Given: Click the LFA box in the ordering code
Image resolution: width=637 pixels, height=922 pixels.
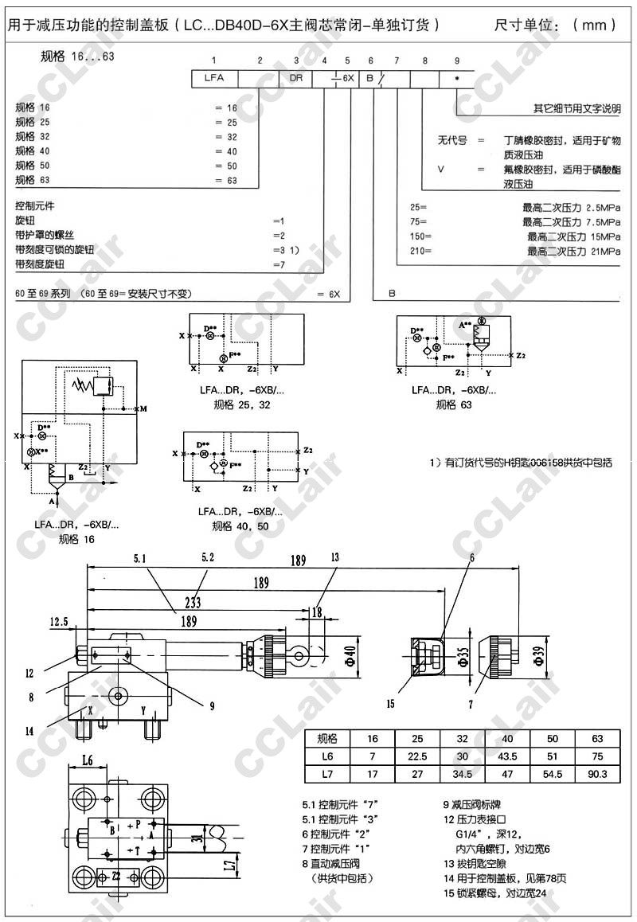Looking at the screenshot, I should (x=213, y=79).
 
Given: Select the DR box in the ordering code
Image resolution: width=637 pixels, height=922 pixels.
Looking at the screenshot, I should (x=296, y=79).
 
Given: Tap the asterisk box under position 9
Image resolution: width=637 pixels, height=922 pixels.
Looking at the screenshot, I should (x=456, y=79).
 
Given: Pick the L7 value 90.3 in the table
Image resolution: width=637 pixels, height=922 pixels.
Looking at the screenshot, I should (x=597, y=773).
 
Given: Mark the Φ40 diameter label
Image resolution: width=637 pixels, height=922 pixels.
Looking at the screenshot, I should (x=349, y=655).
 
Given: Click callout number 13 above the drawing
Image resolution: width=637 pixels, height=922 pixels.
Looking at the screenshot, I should (x=335, y=557).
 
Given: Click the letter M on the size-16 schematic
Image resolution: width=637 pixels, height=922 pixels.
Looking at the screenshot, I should (x=143, y=408).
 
